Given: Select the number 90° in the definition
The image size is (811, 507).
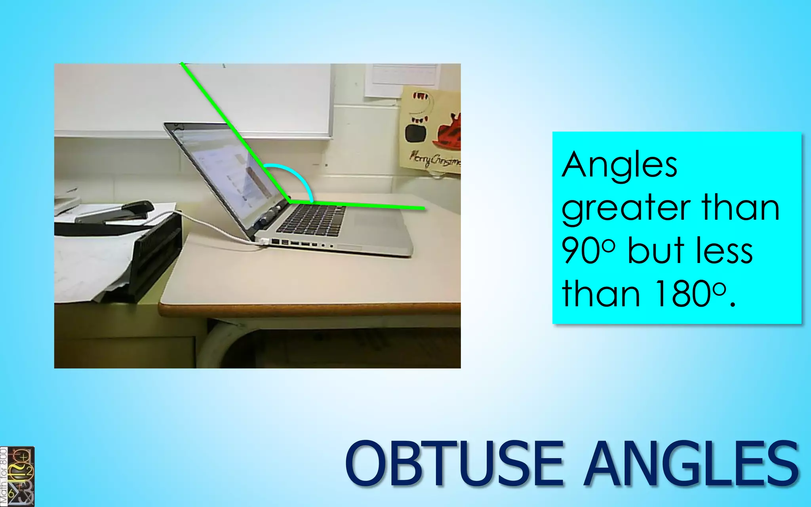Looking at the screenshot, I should tap(588, 250).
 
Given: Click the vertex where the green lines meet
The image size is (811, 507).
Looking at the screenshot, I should tap(291, 202).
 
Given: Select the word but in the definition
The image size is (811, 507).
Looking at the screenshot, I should tap(656, 250).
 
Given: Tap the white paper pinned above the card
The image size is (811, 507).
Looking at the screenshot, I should tap(402, 79).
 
